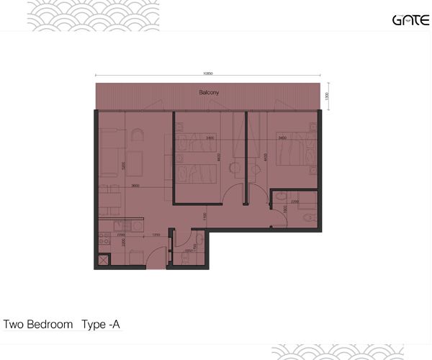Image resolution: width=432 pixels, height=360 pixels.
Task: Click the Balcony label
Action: [x=210, y=93]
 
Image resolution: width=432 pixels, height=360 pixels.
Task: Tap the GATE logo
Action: [x=410, y=19]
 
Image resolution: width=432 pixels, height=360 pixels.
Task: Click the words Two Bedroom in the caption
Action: [x=38, y=324]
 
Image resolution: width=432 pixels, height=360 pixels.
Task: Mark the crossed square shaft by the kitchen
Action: [x=103, y=261]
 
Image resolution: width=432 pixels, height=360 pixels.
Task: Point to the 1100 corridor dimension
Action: [x=204, y=215]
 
